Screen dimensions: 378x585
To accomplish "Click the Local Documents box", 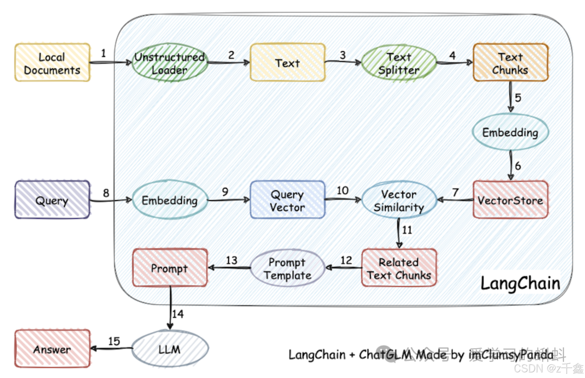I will tap(52, 63).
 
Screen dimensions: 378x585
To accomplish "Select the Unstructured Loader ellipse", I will tap(170, 63).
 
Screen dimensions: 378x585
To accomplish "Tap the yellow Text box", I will tap(287, 63).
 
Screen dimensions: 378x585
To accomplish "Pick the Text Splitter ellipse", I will tap(399, 63).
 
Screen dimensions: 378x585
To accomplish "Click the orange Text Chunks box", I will tap(510, 63).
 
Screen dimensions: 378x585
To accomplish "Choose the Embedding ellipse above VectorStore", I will tap(510, 132).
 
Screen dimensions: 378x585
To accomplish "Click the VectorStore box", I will tap(510, 200).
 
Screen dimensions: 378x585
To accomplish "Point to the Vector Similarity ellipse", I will tap(399, 200).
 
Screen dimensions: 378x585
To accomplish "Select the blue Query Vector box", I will tap(287, 200).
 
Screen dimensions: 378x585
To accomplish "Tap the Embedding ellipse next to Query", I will tap(170, 200).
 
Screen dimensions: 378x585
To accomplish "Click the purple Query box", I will tap(52, 200).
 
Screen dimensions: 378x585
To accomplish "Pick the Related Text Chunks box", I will tap(399, 268).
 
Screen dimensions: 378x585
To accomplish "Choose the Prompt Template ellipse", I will tap(287, 268).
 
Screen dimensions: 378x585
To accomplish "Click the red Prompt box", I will tap(170, 268).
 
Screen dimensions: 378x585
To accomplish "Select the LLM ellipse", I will tap(170, 349).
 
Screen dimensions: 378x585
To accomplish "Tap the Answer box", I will tap(52, 349).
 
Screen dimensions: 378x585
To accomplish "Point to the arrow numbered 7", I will tap(454, 200).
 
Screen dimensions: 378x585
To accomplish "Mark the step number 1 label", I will tap(103, 53).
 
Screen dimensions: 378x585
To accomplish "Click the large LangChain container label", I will tap(520, 283).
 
